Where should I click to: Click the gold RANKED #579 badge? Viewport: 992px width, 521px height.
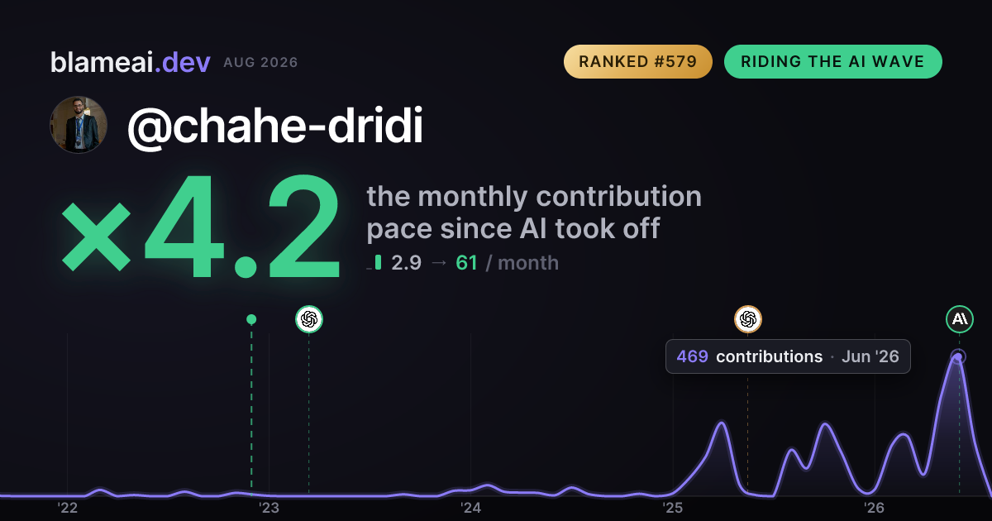click(637, 61)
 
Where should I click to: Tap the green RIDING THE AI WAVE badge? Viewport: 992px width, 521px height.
click(833, 61)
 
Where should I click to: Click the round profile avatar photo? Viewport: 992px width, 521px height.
click(79, 125)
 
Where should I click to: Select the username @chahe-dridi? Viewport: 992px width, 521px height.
click(275, 126)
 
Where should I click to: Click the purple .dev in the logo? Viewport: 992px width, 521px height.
click(183, 63)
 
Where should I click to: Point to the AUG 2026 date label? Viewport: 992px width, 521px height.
click(260, 63)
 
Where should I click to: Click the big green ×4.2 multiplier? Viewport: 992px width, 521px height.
click(201, 226)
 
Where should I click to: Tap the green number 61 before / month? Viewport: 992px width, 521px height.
click(466, 263)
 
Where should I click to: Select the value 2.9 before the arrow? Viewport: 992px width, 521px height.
click(406, 263)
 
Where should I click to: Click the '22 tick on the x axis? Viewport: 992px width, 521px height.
click(67, 507)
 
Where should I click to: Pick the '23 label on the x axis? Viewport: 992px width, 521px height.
click(269, 507)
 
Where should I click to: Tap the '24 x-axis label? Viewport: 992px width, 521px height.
click(470, 507)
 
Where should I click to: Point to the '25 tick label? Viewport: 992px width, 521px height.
click(672, 507)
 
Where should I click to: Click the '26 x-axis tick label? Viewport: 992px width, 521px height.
click(874, 507)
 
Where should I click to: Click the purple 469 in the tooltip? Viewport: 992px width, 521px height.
click(692, 356)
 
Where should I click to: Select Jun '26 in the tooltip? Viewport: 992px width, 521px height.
click(870, 356)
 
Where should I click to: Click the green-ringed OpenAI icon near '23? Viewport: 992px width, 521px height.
click(309, 319)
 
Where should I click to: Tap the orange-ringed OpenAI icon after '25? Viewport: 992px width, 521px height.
click(748, 319)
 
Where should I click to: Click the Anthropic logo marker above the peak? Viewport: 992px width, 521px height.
click(960, 319)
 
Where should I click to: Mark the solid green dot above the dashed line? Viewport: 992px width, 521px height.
click(251, 319)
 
